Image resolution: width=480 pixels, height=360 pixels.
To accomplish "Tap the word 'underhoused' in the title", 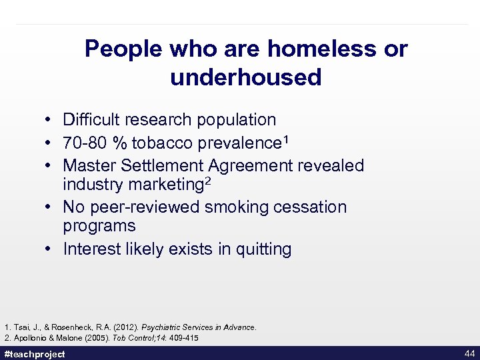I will click(x=246, y=77).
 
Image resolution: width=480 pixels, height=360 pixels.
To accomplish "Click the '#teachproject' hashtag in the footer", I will click(x=35, y=354).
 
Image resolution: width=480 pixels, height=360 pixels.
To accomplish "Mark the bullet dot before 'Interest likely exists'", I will click(x=50, y=250).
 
